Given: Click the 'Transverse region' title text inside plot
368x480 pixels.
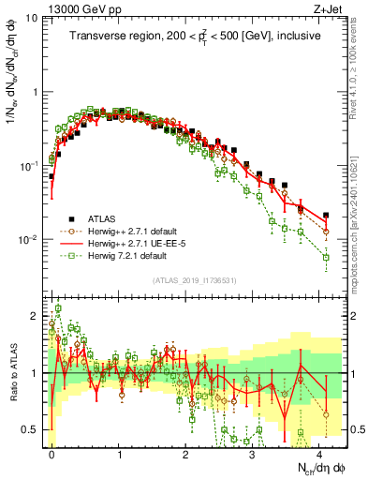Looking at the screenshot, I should [x=195, y=37].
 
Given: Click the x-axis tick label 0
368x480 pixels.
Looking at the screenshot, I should [x=52, y=452].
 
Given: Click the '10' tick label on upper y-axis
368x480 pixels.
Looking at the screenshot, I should [x=32, y=20].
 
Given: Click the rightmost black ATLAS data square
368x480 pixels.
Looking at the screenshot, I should [x=325, y=215].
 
